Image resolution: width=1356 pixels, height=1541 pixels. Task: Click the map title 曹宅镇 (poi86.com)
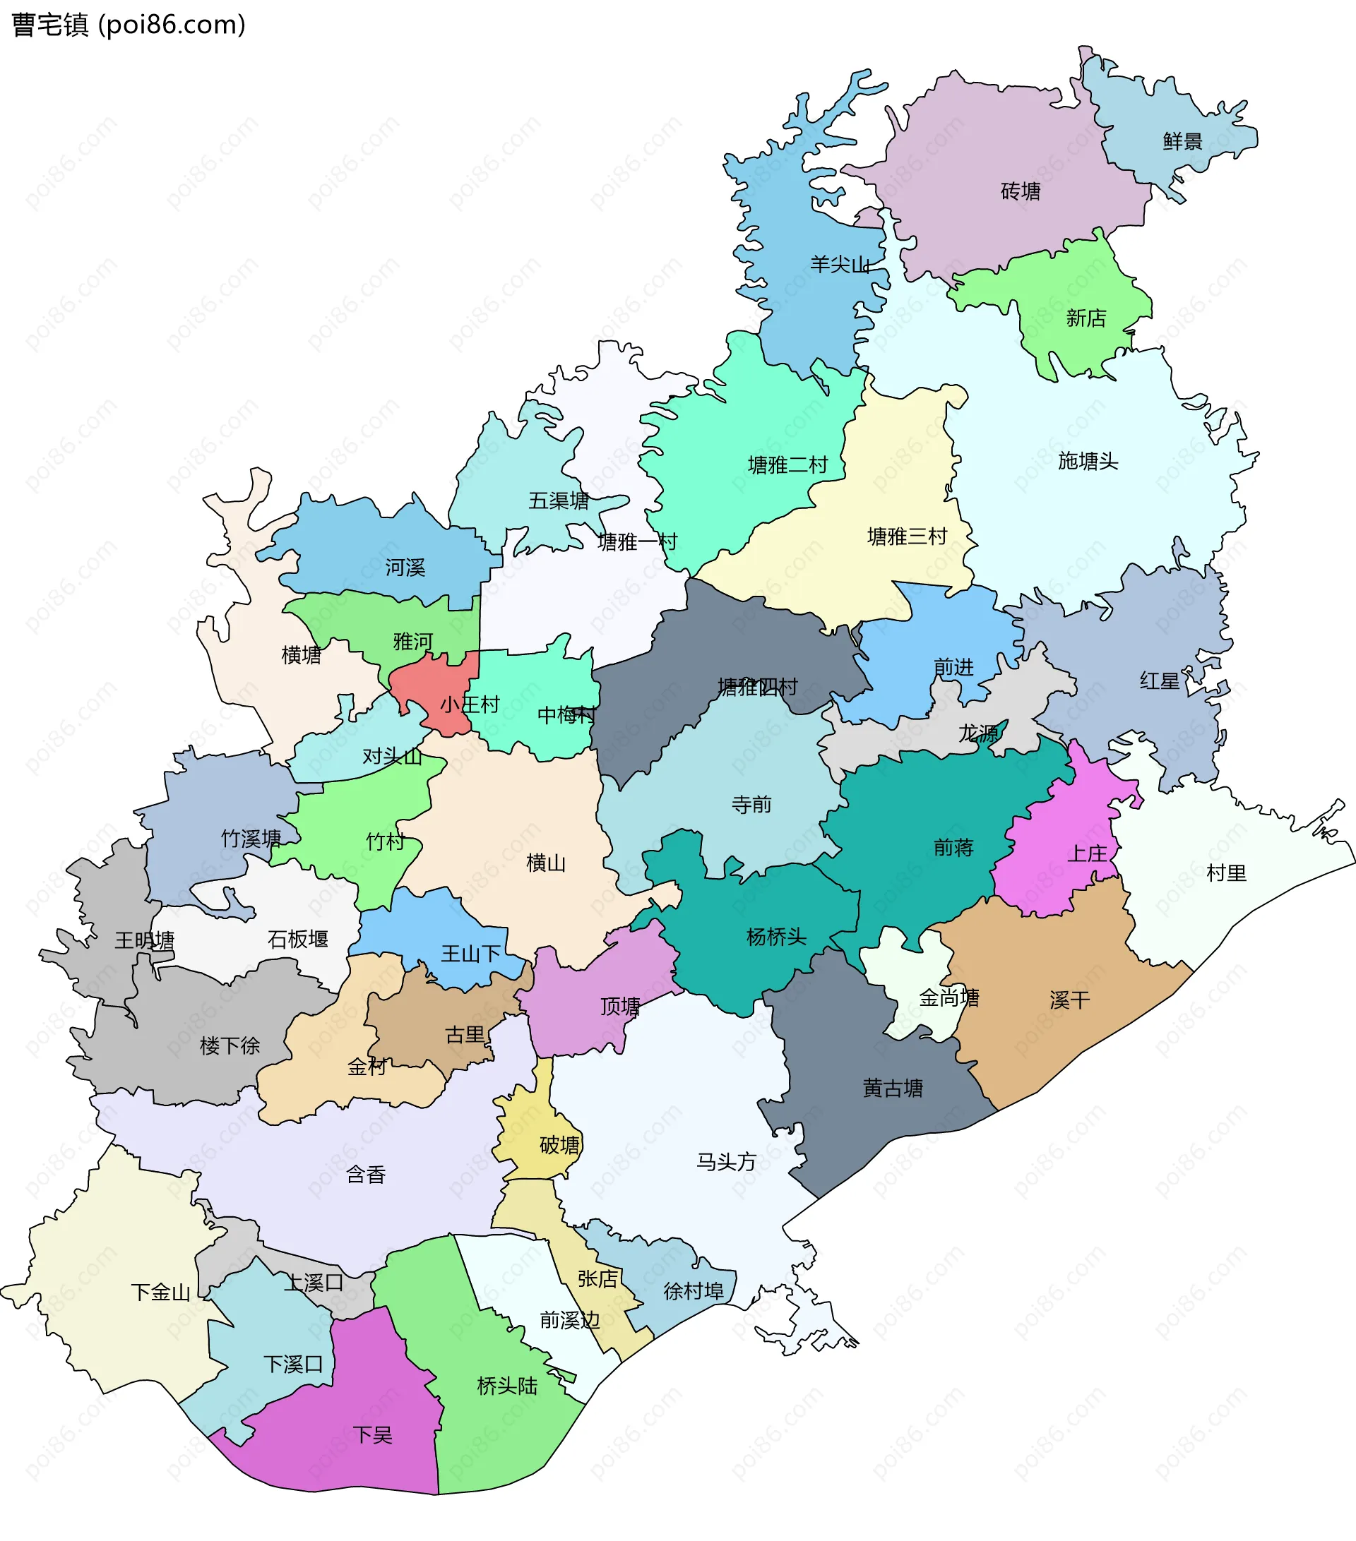tap(129, 25)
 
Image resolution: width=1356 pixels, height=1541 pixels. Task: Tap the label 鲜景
tap(1182, 141)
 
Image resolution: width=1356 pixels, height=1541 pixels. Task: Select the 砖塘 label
tap(1021, 191)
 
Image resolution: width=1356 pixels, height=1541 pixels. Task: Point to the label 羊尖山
tap(840, 265)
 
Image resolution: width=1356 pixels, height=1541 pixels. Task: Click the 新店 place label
tap(1086, 318)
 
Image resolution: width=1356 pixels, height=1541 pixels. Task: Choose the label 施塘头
tap(1088, 461)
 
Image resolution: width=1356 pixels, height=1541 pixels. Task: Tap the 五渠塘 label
tap(558, 500)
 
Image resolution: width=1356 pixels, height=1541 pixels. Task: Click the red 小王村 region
tap(441, 690)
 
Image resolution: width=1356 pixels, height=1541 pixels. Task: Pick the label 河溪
tap(405, 567)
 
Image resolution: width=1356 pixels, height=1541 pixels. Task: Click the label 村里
tap(1225, 873)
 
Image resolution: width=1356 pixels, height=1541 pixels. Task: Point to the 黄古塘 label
tap(892, 1088)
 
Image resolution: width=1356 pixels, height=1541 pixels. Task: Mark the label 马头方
tap(725, 1162)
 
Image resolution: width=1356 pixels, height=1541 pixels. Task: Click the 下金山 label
tap(160, 1293)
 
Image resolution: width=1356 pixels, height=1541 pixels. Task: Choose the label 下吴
tap(373, 1434)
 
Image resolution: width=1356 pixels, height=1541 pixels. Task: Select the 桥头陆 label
tap(507, 1386)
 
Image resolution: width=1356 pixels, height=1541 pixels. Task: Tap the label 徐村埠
tap(693, 1291)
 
